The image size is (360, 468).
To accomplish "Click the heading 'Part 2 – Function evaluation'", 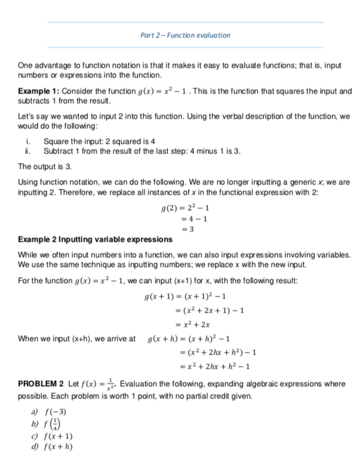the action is point(185,35).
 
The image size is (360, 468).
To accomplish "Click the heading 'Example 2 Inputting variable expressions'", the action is point(95,240).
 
